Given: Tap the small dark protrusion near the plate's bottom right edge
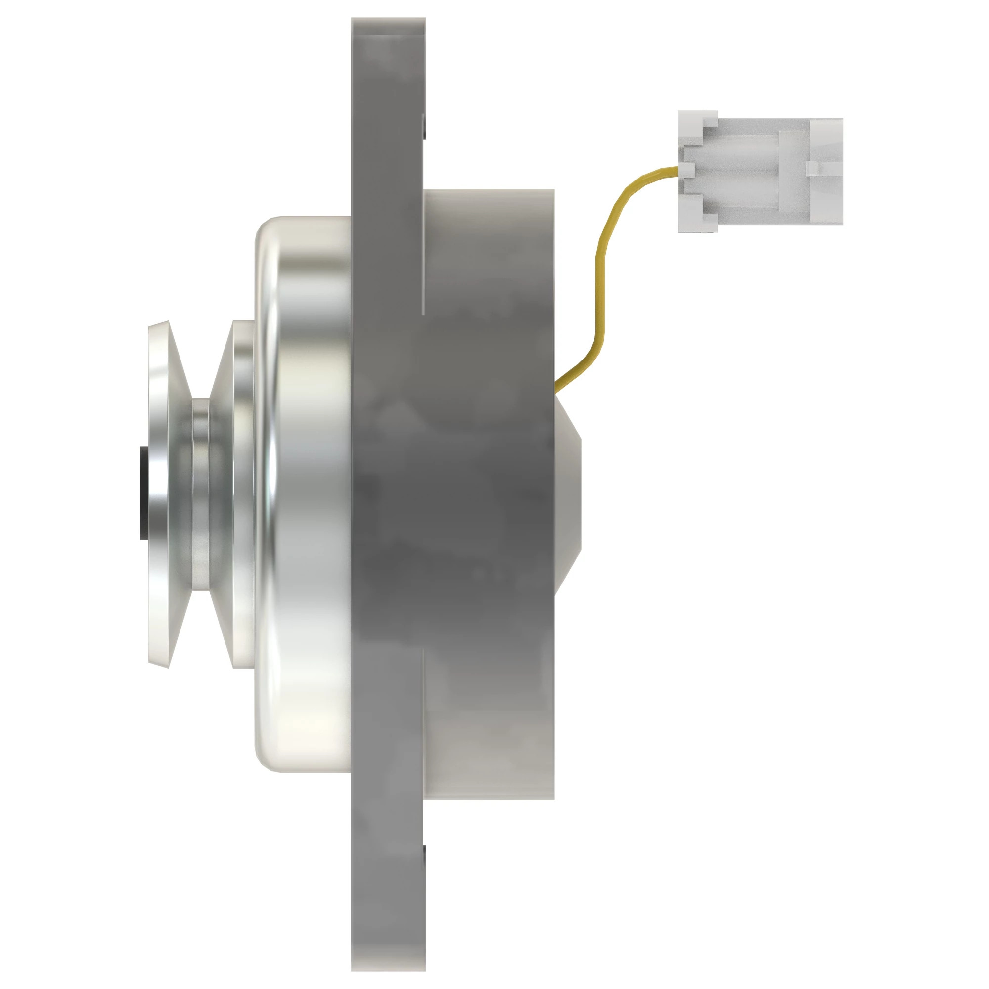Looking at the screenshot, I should [x=424, y=860].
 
